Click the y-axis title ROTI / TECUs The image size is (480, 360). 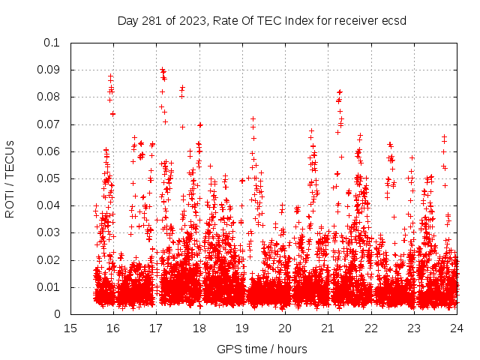pyautogui.click(x=10, y=178)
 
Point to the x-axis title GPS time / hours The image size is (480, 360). pyautogui.click(x=262, y=349)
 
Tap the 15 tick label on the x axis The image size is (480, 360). pyautogui.click(x=70, y=328)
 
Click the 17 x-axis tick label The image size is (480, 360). pyautogui.click(x=156, y=328)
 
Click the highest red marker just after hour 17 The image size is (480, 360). pyautogui.click(x=162, y=69)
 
